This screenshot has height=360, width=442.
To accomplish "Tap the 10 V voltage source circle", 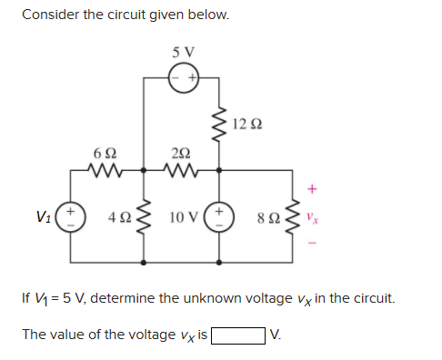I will click(218, 217).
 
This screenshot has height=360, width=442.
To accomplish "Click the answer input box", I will click(239, 335).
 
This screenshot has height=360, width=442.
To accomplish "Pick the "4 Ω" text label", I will click(118, 218).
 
